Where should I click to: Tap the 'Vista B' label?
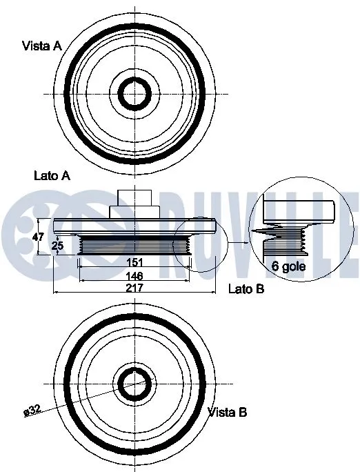coord(228,412)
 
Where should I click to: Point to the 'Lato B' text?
coord(246,289)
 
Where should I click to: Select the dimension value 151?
coord(134,263)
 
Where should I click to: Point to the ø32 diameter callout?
coord(33,412)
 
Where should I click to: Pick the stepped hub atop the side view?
coord(134,204)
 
